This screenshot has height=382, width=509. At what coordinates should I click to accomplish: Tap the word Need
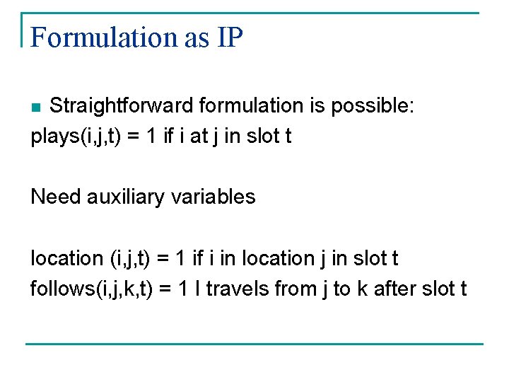pyautogui.click(x=56, y=196)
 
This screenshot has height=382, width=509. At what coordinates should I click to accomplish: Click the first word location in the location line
pyautogui.click(x=67, y=258)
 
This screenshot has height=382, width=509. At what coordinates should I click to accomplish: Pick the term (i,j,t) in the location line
pyautogui.click(x=130, y=258)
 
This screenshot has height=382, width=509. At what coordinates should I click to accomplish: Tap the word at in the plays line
pyautogui.click(x=219, y=136)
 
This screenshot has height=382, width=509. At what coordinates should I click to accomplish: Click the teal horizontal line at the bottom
pyautogui.click(x=255, y=345)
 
